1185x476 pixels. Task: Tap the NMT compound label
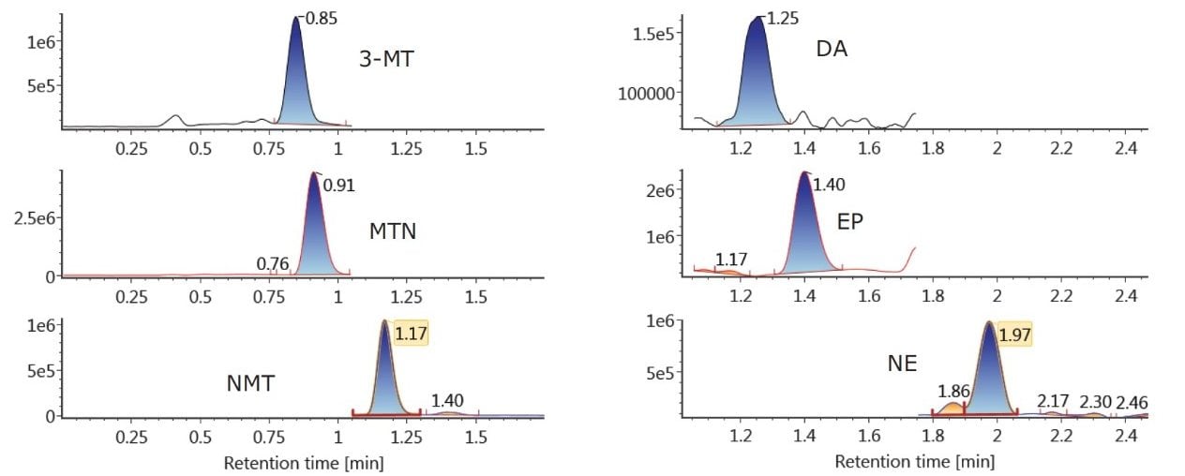pos(250,382)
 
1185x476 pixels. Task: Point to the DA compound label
pos(832,49)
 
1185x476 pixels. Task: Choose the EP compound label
pos(850,222)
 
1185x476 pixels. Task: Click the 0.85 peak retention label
pos(319,16)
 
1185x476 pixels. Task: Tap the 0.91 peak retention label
pos(338,185)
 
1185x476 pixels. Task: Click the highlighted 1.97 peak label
pos(1012,334)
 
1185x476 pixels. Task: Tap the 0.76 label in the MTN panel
pos(273,264)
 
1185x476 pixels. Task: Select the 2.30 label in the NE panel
pos(1096,402)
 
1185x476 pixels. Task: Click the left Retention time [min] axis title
pos(304,462)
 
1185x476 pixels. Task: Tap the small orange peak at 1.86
pos(952,409)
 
